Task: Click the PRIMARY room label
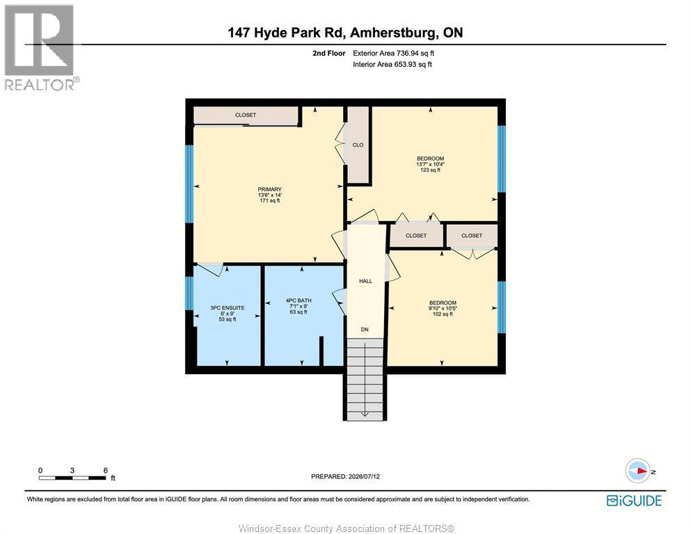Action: pyautogui.click(x=270, y=189)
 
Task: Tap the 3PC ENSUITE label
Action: pyautogui.click(x=228, y=308)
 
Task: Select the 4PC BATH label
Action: pyautogui.click(x=299, y=300)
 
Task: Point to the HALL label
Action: pyautogui.click(x=366, y=281)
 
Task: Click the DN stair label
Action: pyautogui.click(x=365, y=330)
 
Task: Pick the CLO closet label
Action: pyautogui.click(x=358, y=145)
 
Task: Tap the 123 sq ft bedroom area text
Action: pyautogui.click(x=431, y=170)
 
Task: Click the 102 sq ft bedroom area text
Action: pyautogui.click(x=443, y=314)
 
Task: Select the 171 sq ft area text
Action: pyautogui.click(x=270, y=201)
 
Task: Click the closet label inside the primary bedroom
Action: pyautogui.click(x=246, y=115)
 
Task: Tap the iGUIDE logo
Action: pyautogui.click(x=634, y=501)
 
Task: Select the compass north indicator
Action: pyautogui.click(x=640, y=471)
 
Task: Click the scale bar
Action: pyautogui.click(x=72, y=478)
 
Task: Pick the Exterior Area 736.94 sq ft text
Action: pyautogui.click(x=394, y=54)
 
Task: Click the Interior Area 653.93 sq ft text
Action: pyautogui.click(x=392, y=64)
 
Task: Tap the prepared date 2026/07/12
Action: pyautogui.click(x=364, y=476)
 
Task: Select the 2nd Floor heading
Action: pyautogui.click(x=328, y=54)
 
